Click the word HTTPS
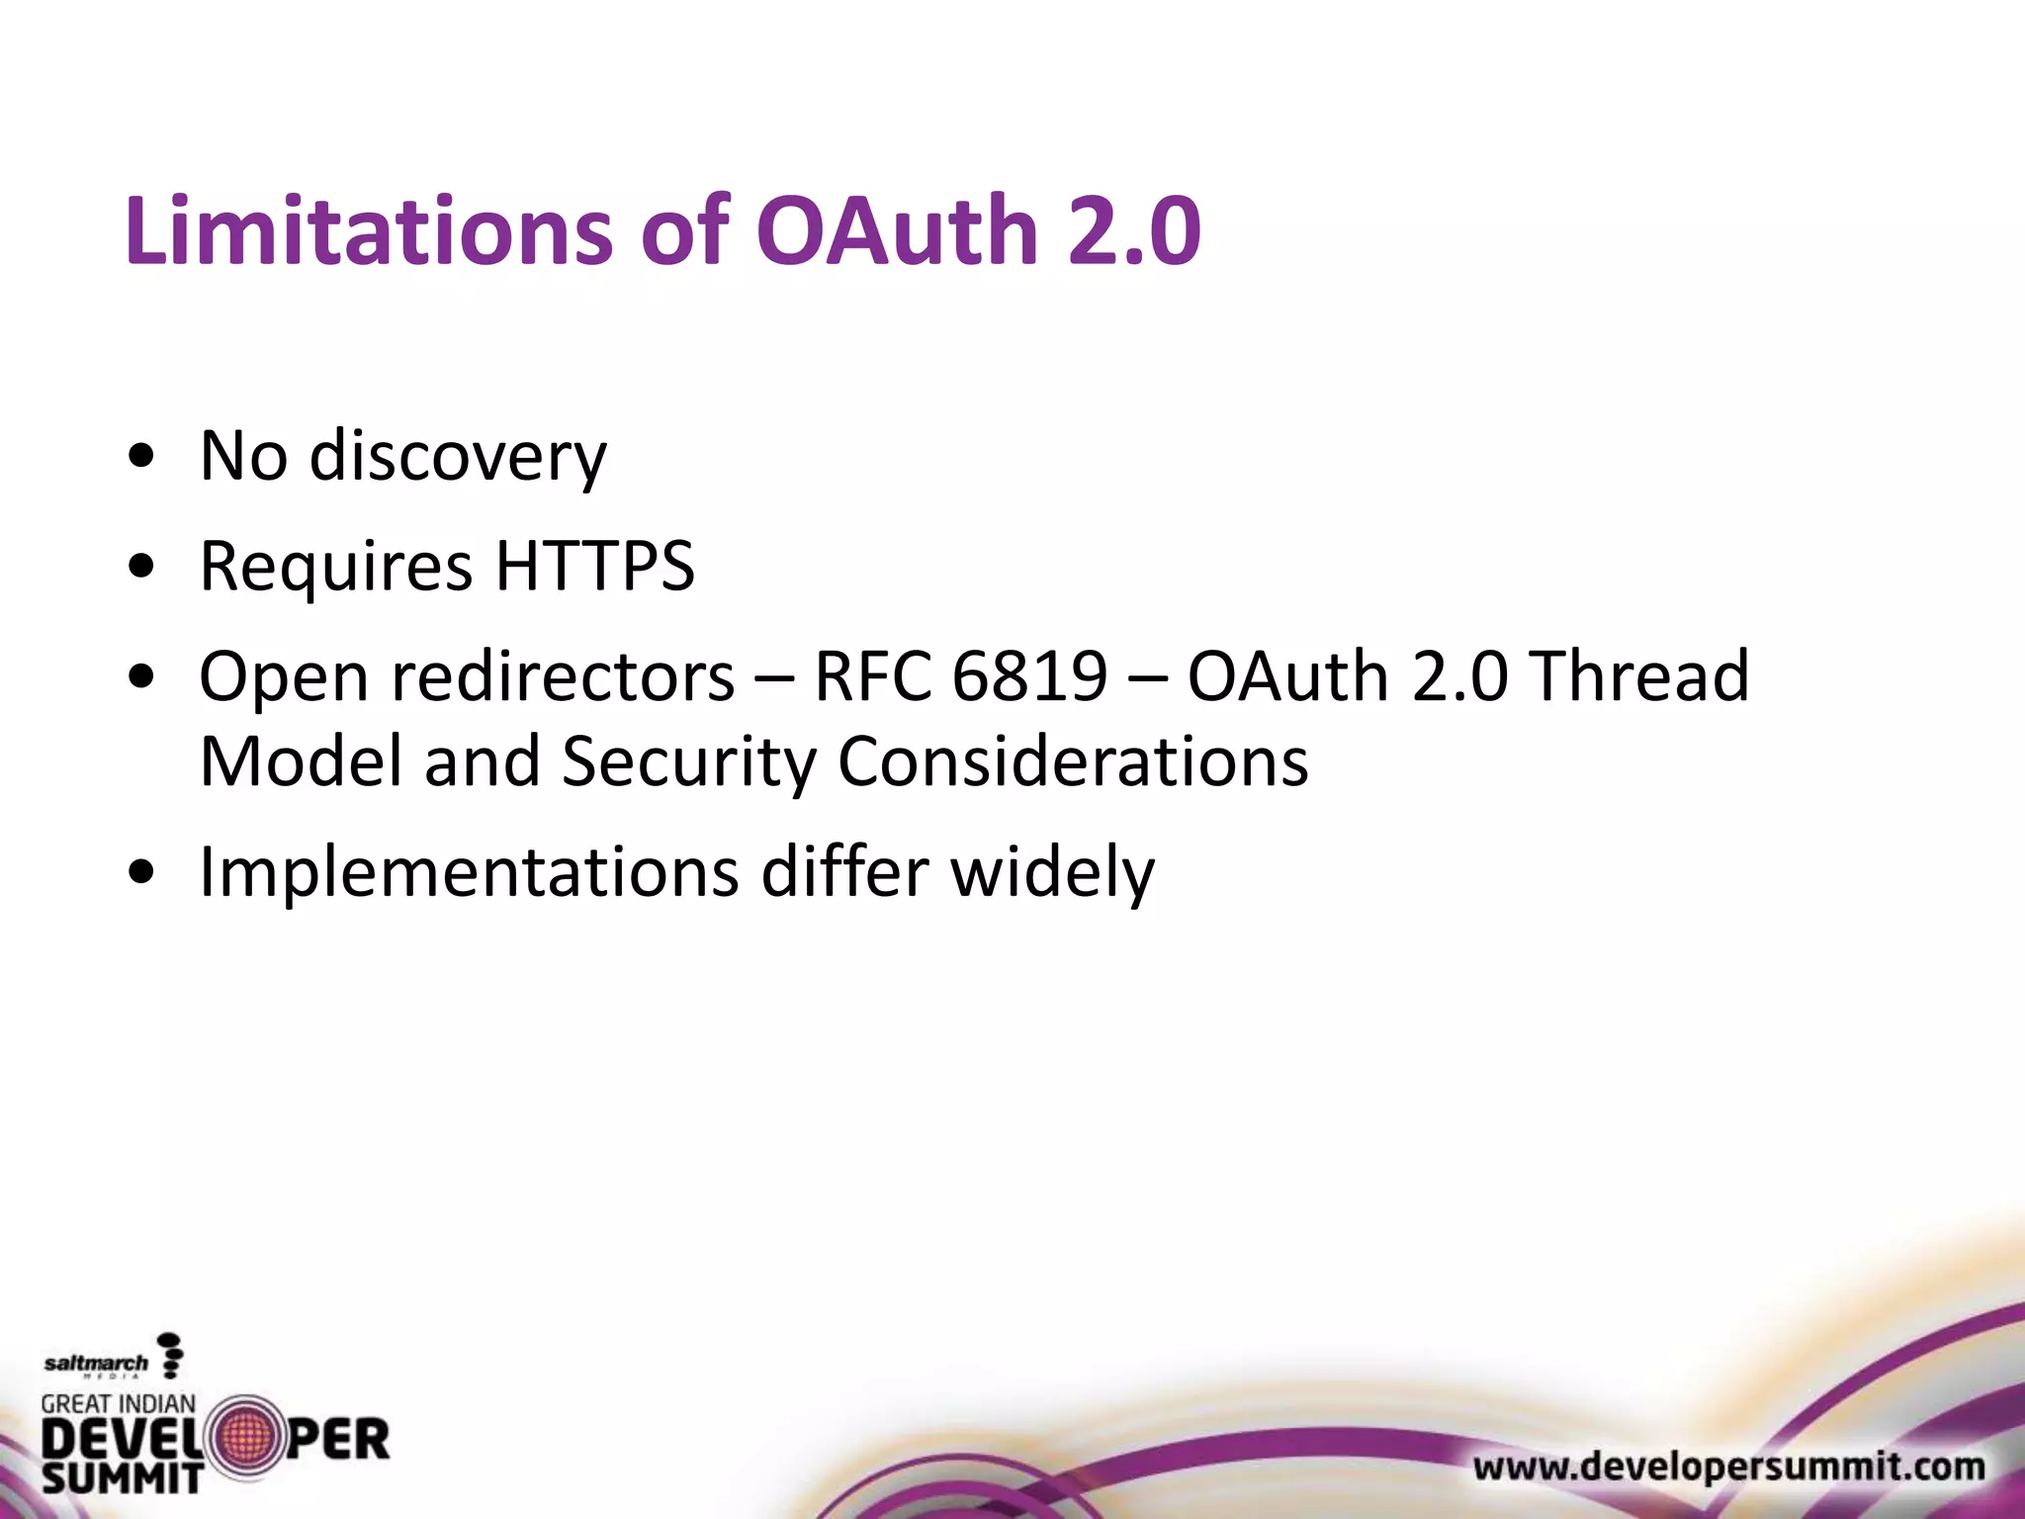[x=595, y=567]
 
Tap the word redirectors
[x=564, y=677]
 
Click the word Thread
[x=1640, y=677]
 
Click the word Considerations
[x=1073, y=763]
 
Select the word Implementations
[x=470, y=873]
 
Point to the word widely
[x=1052, y=873]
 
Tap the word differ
[x=844, y=873]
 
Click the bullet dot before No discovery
[x=142, y=458]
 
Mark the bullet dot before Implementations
[x=142, y=873]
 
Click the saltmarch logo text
[x=96, y=1364]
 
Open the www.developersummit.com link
[x=1728, y=1467]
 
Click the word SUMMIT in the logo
[x=122, y=1478]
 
